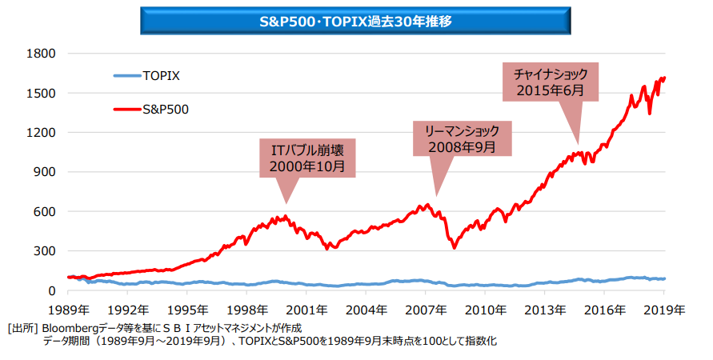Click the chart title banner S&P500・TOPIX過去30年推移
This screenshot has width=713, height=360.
(355, 21)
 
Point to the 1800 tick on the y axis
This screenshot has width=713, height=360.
(40, 54)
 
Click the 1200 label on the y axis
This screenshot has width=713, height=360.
(40, 132)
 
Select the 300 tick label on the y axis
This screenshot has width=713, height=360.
(43, 250)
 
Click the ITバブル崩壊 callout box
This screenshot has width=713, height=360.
(307, 158)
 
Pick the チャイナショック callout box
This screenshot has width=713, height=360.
(550, 82)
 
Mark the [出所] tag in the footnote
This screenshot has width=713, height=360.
(21, 328)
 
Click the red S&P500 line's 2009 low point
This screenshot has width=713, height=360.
(455, 247)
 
